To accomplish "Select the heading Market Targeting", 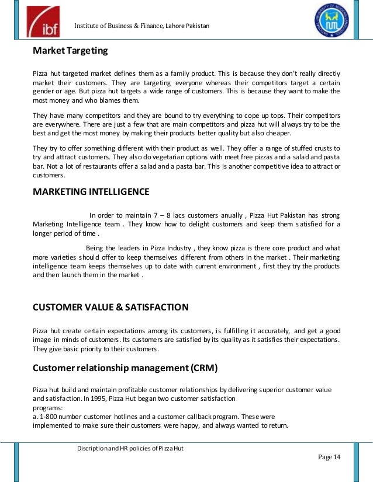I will click(70, 51).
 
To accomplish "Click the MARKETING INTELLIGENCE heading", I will click(91, 191).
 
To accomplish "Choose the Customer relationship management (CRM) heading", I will click(125, 368).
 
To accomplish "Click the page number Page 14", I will click(329, 456).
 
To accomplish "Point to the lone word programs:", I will click(48, 408).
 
